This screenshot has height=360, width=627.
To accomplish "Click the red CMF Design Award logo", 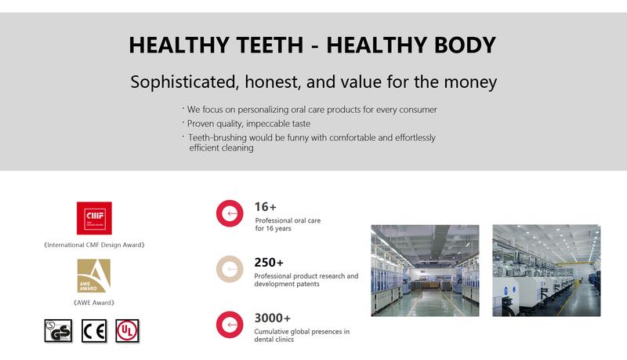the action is pyautogui.click(x=94, y=218).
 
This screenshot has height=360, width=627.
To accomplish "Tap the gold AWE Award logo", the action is pyautogui.click(x=93, y=275).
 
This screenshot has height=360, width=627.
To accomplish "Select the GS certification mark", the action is pyautogui.click(x=58, y=331).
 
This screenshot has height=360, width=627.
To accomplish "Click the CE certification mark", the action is pyautogui.click(x=94, y=331).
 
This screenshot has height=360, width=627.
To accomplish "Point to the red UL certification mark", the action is pyautogui.click(x=127, y=331).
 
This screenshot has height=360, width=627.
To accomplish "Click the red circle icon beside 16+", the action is pyautogui.click(x=230, y=213).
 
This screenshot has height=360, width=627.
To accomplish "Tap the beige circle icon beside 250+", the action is pyautogui.click(x=230, y=269).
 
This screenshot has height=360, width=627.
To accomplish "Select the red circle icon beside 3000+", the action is pyautogui.click(x=230, y=325).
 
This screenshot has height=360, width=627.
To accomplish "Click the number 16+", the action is pyautogui.click(x=266, y=207).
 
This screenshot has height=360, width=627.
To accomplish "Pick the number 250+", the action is pyautogui.click(x=269, y=263).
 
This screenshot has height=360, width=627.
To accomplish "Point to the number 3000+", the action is pyautogui.click(x=272, y=318).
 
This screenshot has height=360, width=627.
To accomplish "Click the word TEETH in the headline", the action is pyautogui.click(x=270, y=45).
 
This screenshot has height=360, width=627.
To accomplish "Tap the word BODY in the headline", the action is pyautogui.click(x=465, y=45).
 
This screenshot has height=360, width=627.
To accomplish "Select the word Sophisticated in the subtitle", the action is pyautogui.click(x=182, y=82).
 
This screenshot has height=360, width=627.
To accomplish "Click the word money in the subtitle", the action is pyautogui.click(x=471, y=82).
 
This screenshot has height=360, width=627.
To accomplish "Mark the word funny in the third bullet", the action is pyautogui.click(x=299, y=137).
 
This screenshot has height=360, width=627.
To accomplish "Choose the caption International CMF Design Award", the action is pyautogui.click(x=94, y=245).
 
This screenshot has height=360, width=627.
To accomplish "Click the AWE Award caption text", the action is pyautogui.click(x=94, y=303).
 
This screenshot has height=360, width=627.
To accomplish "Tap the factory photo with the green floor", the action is pyautogui.click(x=425, y=271).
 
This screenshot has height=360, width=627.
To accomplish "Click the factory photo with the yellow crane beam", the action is pyautogui.click(x=546, y=271).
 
